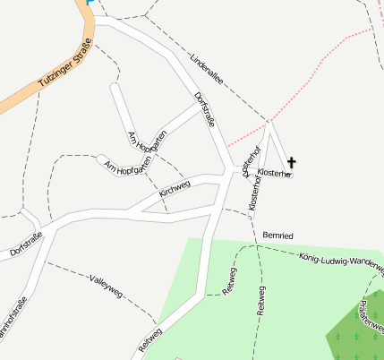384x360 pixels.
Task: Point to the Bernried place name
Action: click(278, 234)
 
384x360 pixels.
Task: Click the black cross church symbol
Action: click(292, 163)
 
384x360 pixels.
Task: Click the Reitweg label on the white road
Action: click(150, 339)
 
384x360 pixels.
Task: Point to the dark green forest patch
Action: click(358, 331)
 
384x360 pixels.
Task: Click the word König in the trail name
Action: click(310, 256)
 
